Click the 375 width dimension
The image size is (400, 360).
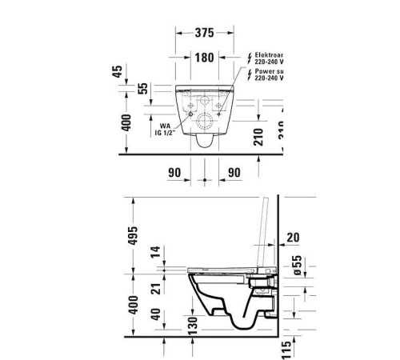pos(205,33)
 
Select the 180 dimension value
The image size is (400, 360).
pos(205,58)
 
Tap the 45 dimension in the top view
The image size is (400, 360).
pos(118,72)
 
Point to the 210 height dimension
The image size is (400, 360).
pos(258,136)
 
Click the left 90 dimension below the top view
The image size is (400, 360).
pos(174,172)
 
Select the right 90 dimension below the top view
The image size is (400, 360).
pos(234,172)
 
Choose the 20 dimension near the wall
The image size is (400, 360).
pos(292,237)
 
